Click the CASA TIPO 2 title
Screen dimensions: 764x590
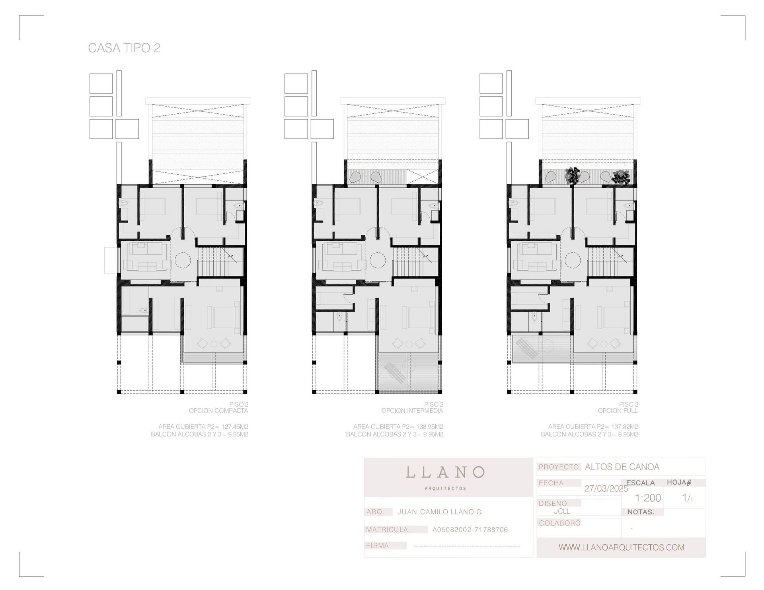click(124, 48)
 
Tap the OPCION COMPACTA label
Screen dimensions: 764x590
click(218, 411)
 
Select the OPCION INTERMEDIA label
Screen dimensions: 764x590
click(412, 411)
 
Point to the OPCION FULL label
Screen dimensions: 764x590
click(618, 411)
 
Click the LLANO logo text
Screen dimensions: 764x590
click(445, 472)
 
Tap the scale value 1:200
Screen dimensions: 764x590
click(648, 498)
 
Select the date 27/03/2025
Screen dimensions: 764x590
click(606, 489)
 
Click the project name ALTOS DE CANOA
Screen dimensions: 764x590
click(622, 467)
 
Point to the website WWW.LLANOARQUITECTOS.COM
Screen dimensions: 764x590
click(621, 547)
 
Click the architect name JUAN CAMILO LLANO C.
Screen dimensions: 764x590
click(440, 512)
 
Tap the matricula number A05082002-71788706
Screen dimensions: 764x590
click(470, 530)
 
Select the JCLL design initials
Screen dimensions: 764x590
click(562, 511)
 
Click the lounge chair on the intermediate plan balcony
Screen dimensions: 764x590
click(392, 373)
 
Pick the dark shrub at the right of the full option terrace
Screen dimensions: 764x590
click(621, 177)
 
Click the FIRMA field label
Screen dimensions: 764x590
click(377, 545)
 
